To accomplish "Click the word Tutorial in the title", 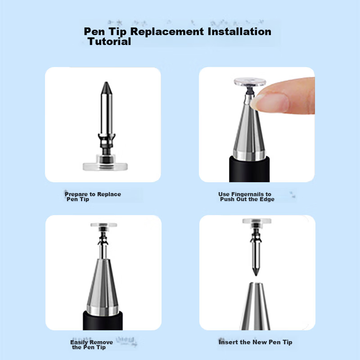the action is click(109, 41).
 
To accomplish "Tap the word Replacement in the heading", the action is click(167, 31).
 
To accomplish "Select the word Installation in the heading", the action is click(239, 31).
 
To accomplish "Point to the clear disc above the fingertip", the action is click(250, 82).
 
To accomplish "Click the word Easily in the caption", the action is click(78, 342).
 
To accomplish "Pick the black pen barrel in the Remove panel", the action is click(103, 321).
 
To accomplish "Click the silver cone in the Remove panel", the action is click(103, 287).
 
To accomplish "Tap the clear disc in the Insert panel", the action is click(256, 221).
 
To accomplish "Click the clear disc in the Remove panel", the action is click(103, 225).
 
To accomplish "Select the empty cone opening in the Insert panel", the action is click(256, 284).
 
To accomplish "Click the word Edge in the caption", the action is click(267, 199).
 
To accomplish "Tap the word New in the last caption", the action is click(260, 342).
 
